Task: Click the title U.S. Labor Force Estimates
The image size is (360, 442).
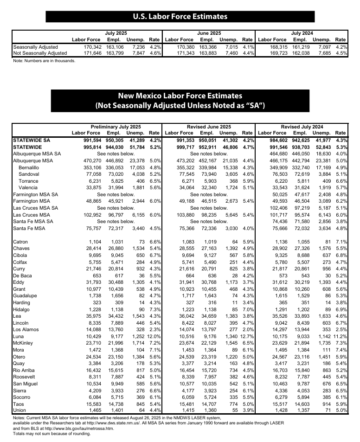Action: coord(180,17)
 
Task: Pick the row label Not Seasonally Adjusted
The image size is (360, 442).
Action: coord(40,53)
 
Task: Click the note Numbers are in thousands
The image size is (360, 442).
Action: coord(44,61)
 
